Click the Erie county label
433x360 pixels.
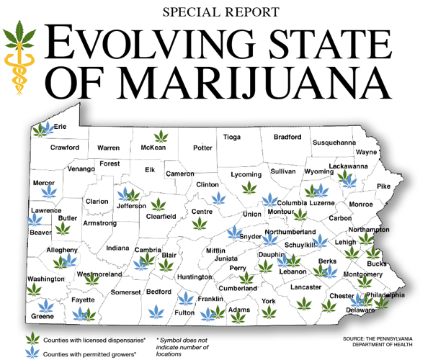pos(61,127)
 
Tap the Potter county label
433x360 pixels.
pos(203,148)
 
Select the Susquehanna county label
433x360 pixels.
pos(334,143)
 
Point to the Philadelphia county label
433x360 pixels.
pos(385,295)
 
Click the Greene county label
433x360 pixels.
pos(43,317)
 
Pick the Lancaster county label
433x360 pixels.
pos(305,286)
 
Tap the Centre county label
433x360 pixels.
pos(201,212)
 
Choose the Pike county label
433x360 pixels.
pos(383,186)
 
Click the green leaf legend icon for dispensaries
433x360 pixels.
pos(32,338)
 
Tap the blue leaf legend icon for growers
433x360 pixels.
pos(32,353)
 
